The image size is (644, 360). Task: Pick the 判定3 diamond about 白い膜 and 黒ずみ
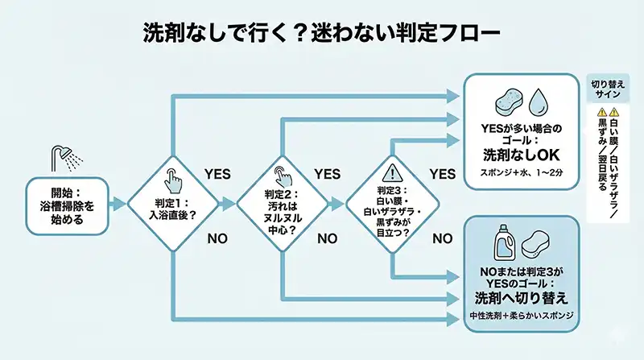pos(393,203)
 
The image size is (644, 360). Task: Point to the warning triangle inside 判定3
pos(393,172)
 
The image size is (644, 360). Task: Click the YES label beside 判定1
pos(217,173)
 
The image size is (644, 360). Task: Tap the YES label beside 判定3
pos(442,173)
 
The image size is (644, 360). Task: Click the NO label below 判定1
pos(217,238)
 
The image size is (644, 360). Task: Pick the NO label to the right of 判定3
pos(442,238)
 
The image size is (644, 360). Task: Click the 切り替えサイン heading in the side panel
pos(607,89)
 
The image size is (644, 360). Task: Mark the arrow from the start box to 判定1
pos(118,203)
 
